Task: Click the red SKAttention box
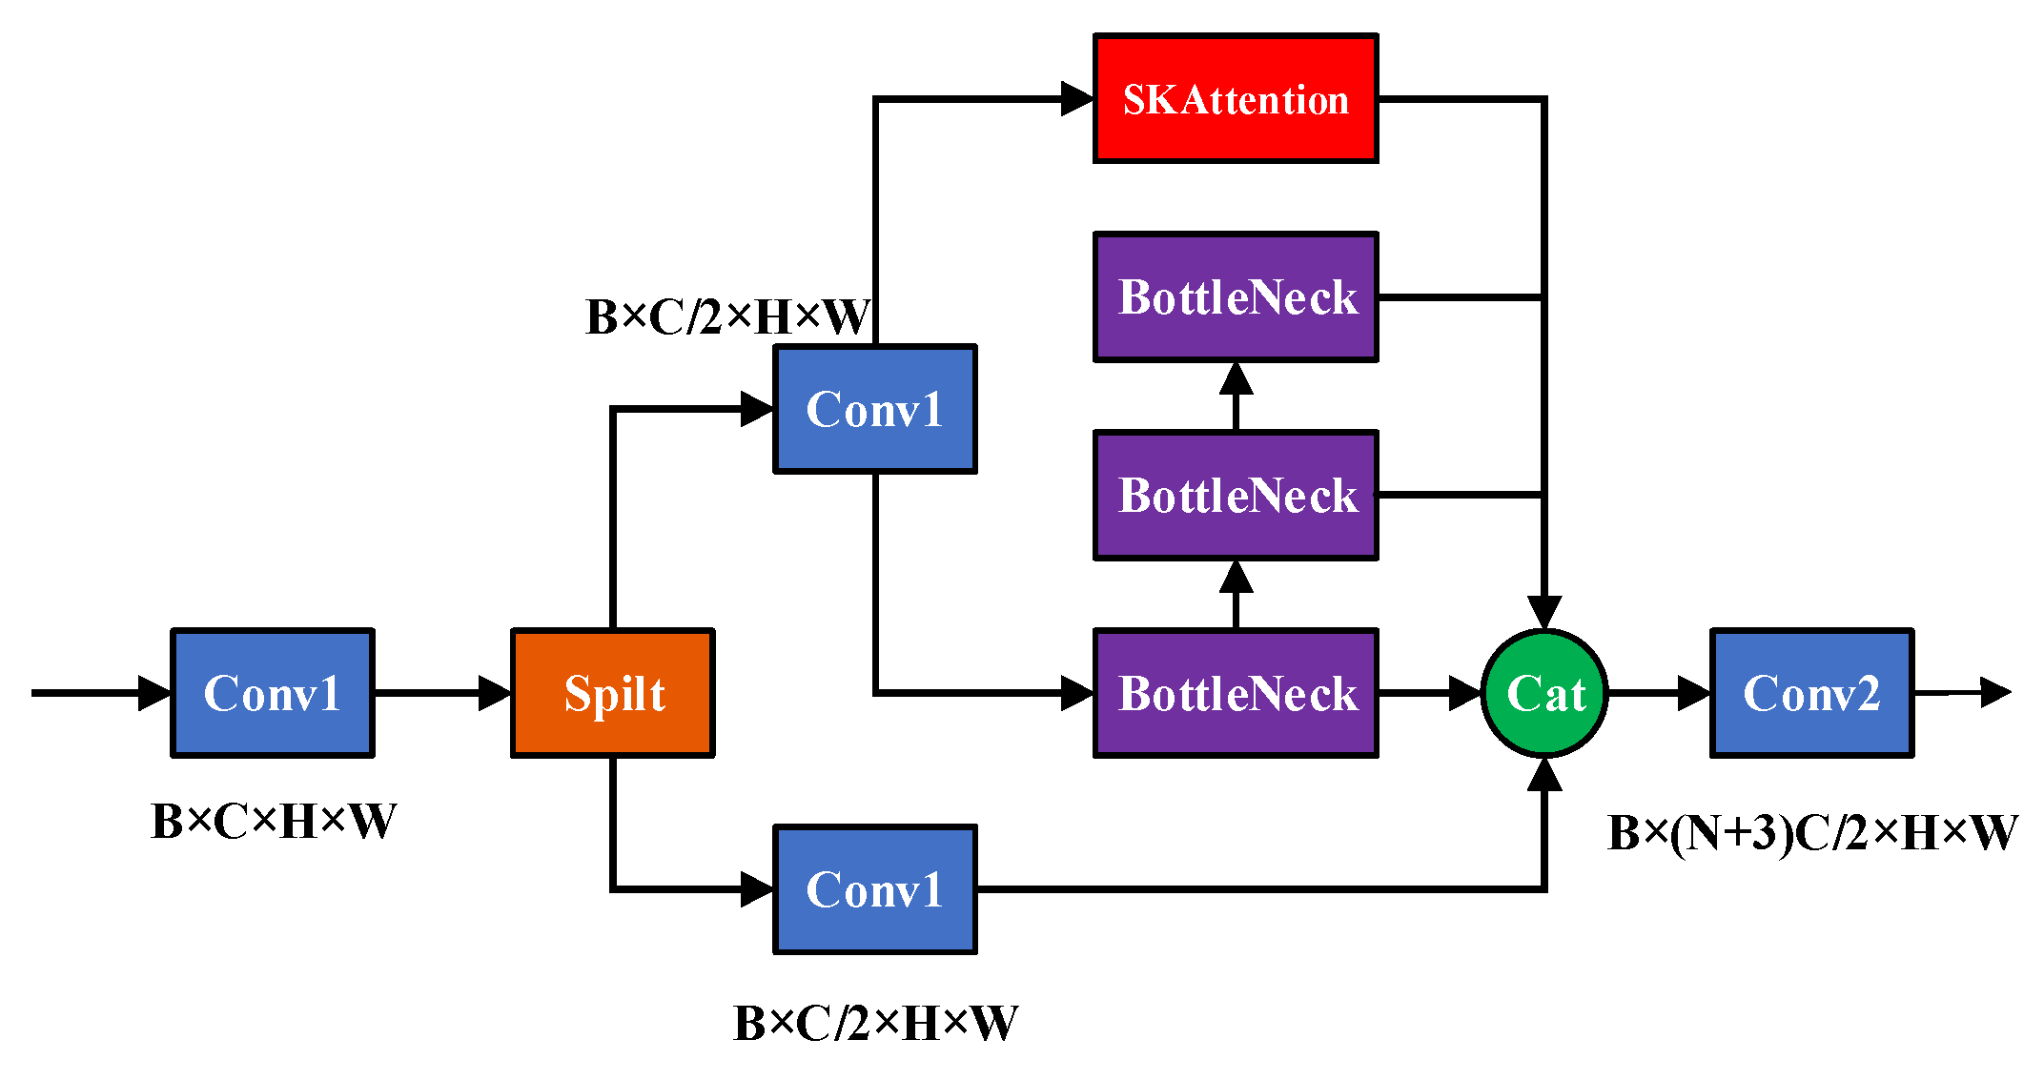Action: tap(1235, 98)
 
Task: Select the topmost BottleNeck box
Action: tap(1235, 296)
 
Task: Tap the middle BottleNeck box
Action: tap(1235, 495)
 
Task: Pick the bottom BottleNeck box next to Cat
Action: tap(1235, 693)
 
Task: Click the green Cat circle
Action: tap(1544, 693)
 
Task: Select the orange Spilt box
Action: tap(613, 693)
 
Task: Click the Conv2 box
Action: tap(1811, 693)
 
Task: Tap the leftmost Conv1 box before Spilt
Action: tap(273, 693)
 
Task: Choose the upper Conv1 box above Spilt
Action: tap(874, 409)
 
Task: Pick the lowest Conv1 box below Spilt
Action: tap(874, 889)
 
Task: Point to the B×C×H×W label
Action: tap(273, 821)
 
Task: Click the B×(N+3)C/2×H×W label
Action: tap(1811, 832)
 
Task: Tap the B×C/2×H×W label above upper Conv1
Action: tap(727, 316)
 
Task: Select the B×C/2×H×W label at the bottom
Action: tap(874, 1023)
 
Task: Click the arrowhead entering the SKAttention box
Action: tap(1077, 98)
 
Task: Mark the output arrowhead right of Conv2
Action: tap(1994, 692)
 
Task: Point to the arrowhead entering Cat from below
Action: tap(1544, 774)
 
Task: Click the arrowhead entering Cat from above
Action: tap(1544, 612)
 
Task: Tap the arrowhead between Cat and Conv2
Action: tap(1693, 693)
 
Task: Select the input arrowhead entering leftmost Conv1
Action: tap(154, 693)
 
